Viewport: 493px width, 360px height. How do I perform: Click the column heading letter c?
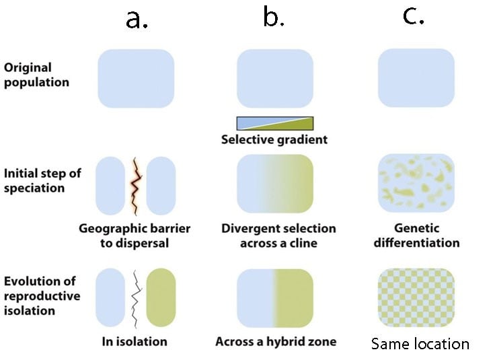point(414,16)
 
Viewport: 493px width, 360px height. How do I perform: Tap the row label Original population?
point(36,75)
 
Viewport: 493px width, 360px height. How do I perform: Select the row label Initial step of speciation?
point(42,180)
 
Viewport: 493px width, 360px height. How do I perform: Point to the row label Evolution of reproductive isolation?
point(42,296)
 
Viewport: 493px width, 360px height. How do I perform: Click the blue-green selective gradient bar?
point(275,123)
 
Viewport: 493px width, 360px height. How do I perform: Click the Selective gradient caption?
point(274,139)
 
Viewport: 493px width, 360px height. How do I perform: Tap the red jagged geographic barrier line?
point(136,186)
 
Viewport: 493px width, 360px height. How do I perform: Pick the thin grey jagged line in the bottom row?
point(136,299)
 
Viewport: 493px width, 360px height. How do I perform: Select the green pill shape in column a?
point(161,297)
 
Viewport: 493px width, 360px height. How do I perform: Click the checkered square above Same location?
point(416,297)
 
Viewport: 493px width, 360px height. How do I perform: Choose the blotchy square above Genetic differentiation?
point(416,183)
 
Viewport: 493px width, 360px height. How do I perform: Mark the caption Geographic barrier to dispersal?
point(135,236)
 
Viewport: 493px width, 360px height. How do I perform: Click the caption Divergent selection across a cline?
point(278,236)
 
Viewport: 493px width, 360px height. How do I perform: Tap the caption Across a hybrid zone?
point(276,341)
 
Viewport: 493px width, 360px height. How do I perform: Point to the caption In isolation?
point(135,341)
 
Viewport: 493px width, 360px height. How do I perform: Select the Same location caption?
point(420,344)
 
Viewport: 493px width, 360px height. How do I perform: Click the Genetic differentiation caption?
point(416,236)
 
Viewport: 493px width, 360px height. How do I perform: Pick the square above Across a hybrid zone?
point(275,298)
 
